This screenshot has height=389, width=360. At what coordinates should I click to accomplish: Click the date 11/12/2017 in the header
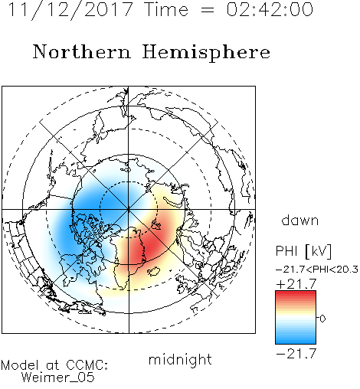[70, 10]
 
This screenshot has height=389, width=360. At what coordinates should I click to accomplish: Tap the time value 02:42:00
[270, 9]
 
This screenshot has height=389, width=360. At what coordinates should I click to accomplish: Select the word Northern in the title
[82, 52]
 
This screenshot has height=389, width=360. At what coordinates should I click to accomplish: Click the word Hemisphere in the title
[206, 53]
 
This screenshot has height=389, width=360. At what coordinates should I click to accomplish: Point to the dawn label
[300, 220]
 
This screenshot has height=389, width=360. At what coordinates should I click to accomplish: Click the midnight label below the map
[180, 359]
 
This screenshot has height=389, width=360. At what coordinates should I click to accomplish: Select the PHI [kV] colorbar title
[303, 251]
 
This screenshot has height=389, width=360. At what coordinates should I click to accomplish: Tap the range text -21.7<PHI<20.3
[317, 270]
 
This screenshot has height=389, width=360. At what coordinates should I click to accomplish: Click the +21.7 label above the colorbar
[296, 284]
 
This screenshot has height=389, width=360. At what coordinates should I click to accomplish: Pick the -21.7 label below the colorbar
[296, 354]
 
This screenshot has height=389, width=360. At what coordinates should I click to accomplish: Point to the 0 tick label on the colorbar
[322, 319]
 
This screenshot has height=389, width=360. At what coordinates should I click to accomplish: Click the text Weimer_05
[58, 378]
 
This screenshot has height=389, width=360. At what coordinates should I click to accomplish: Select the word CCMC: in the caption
[87, 365]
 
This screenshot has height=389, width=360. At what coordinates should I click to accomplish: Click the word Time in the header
[166, 9]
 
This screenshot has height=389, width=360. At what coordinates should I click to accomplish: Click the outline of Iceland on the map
[153, 271]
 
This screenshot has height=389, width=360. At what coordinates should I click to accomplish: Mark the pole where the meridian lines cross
[129, 209]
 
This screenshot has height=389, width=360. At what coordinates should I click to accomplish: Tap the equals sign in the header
[208, 10]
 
